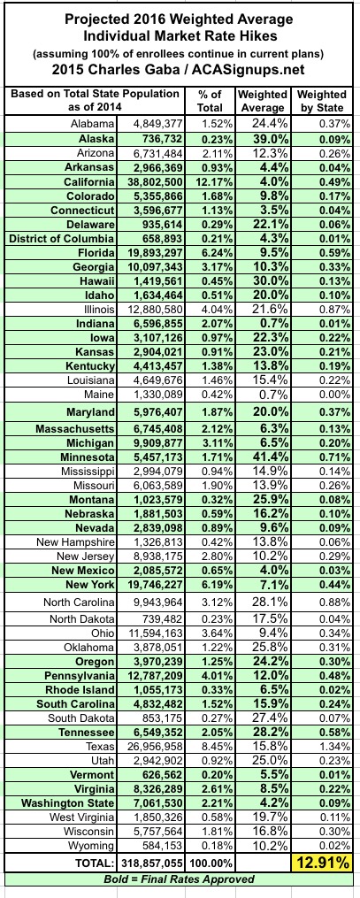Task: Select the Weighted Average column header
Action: click(x=262, y=101)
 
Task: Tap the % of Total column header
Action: click(x=209, y=101)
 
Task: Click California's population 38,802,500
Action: click(x=150, y=182)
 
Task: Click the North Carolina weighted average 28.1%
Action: click(x=267, y=603)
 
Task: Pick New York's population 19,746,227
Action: click(x=150, y=585)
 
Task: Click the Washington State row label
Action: click(x=69, y=804)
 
